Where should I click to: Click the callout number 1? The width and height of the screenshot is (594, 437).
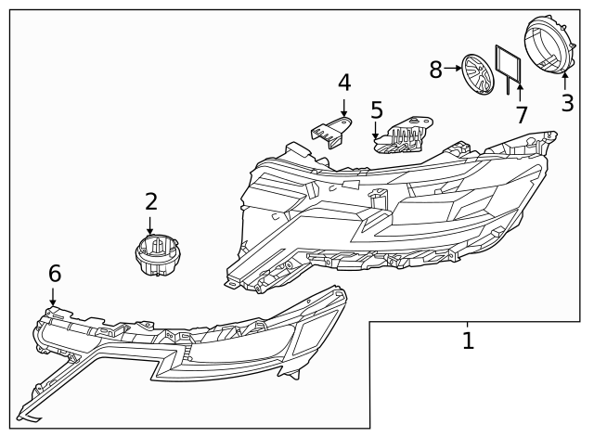point(468,341)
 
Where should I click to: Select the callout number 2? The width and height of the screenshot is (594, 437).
point(150,201)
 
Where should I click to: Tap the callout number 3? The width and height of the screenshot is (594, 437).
point(567,103)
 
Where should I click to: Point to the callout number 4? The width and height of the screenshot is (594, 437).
point(344,83)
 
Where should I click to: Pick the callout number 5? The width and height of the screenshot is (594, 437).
point(377,110)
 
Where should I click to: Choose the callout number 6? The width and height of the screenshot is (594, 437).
point(55,273)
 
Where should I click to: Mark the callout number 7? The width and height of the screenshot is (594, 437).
point(522,115)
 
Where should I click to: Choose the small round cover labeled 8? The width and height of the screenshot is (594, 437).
point(478,72)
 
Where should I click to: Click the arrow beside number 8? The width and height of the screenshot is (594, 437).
point(453,68)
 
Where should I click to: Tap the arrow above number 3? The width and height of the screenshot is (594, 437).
point(565,83)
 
